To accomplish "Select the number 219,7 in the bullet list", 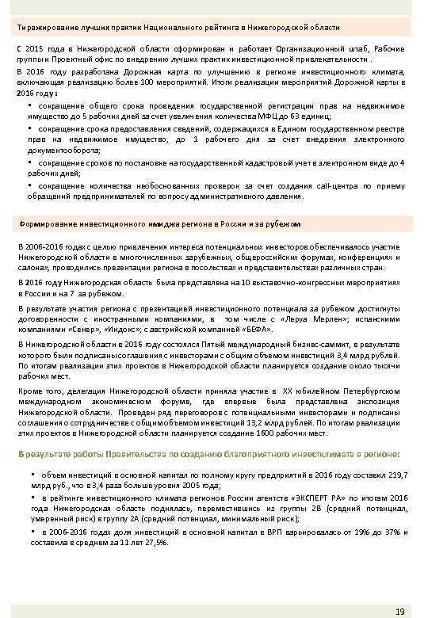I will click(394, 474).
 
